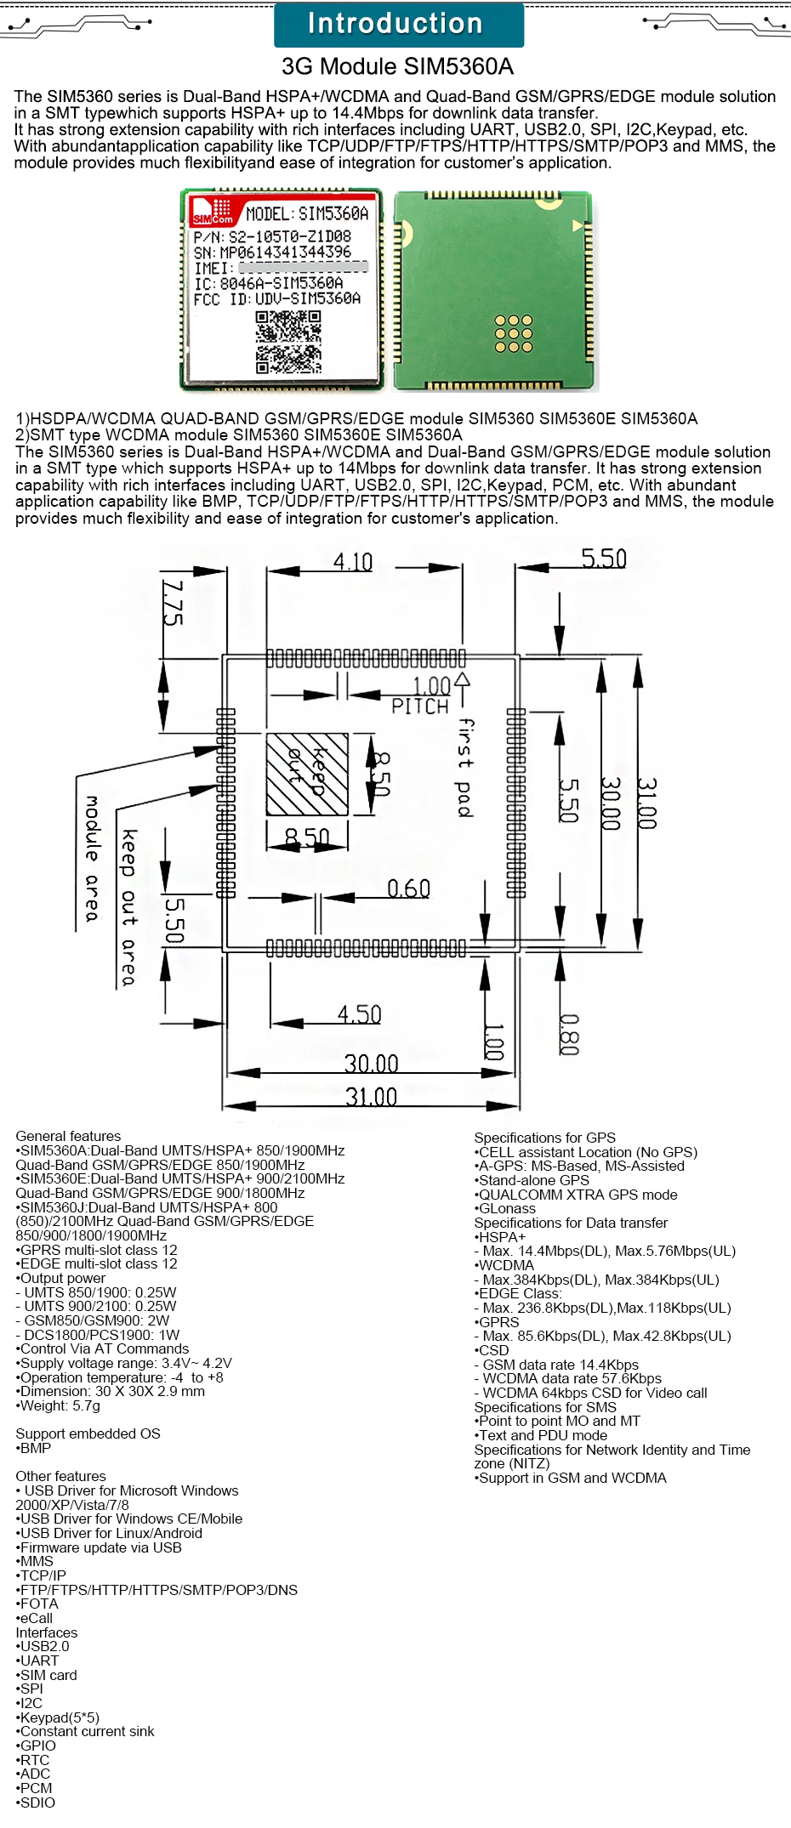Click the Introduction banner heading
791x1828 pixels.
click(x=396, y=24)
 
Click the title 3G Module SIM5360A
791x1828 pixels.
click(x=397, y=66)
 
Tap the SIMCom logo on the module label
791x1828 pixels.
click(x=213, y=211)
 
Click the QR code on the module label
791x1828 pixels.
click(x=288, y=342)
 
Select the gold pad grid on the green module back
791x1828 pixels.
click(x=513, y=333)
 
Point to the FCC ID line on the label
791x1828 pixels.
click(x=277, y=299)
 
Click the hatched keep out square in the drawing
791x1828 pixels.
click(x=307, y=774)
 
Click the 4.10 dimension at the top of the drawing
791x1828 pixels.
click(x=353, y=562)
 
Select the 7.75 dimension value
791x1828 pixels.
click(x=173, y=604)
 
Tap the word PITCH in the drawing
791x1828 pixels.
click(x=419, y=707)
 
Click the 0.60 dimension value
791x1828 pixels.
click(x=408, y=888)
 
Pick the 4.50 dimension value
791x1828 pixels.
click(x=359, y=1014)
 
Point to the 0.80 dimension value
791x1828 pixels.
click(x=569, y=1035)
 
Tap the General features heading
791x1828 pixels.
click(x=68, y=1136)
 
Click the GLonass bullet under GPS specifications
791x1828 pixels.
click(x=507, y=1208)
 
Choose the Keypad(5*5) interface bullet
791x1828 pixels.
click(x=59, y=1717)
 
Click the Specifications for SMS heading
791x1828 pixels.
click(x=545, y=1407)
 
